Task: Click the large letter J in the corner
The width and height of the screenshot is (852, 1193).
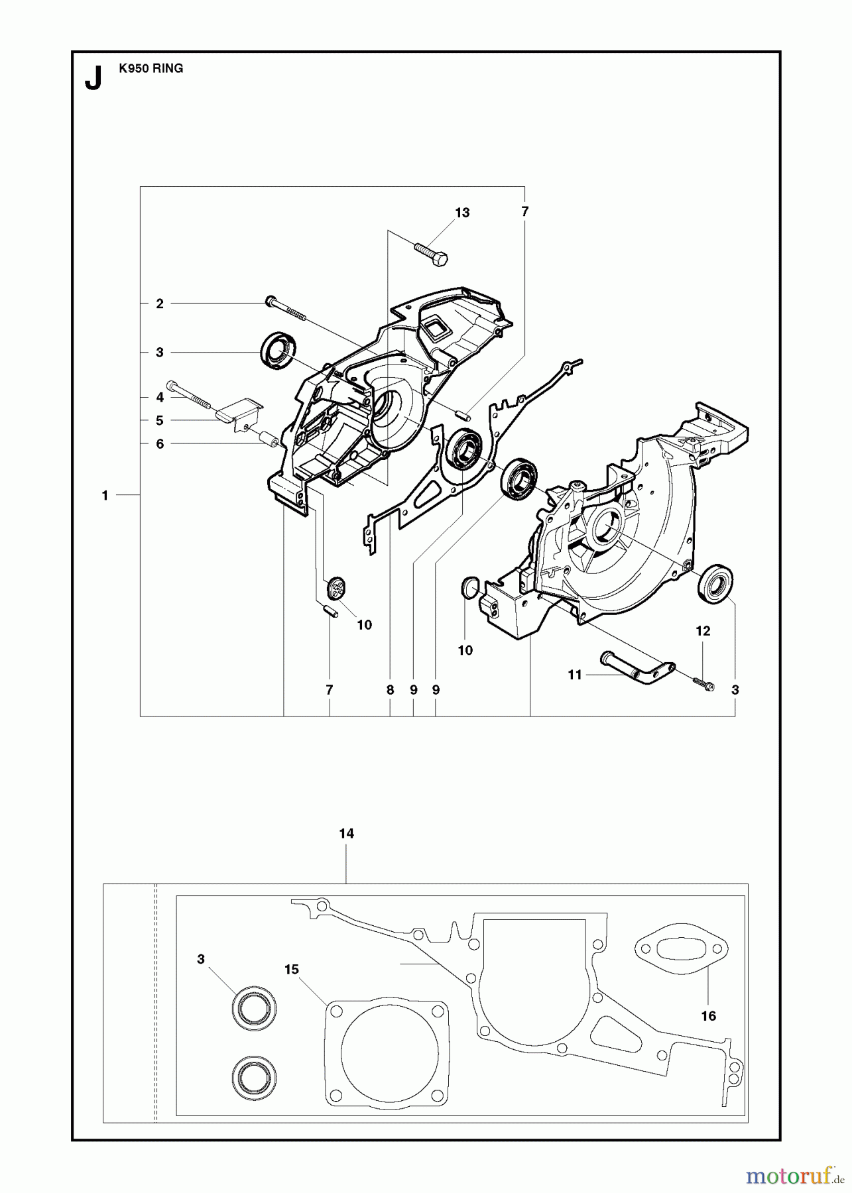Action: (x=93, y=79)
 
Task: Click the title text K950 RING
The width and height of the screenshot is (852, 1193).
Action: (x=151, y=68)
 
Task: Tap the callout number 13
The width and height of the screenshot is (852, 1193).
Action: (x=461, y=213)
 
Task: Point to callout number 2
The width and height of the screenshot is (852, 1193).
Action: (x=160, y=304)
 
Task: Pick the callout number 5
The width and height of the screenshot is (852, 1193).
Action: (x=160, y=420)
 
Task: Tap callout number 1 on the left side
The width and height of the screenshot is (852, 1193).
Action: (x=105, y=495)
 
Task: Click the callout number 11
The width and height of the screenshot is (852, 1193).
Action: (x=574, y=675)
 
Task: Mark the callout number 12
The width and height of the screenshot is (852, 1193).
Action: (x=703, y=631)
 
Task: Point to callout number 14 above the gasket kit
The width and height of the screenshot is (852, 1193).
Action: (x=346, y=834)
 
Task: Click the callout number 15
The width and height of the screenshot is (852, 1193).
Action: (x=292, y=970)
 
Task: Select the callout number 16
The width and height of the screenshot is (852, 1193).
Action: (x=708, y=1016)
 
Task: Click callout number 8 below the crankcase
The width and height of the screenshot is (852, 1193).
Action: (x=390, y=690)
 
